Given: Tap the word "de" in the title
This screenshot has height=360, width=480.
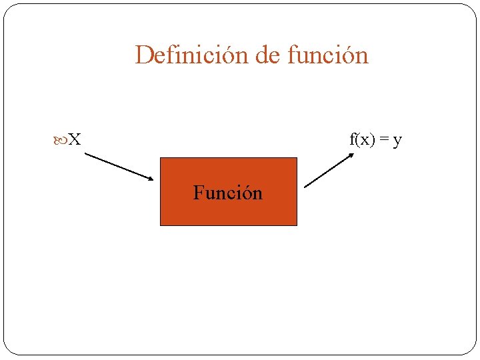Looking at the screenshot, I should pos(268,55).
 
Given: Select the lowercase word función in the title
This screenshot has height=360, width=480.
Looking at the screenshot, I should pos(327,55).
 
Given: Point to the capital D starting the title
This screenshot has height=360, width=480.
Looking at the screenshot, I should pos(142,55).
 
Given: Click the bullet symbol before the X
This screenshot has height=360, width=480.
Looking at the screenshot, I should pos(61,140).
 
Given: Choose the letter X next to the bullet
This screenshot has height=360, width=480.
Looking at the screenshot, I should pos(75,140).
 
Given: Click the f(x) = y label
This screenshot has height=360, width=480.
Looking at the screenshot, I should pos(375,140).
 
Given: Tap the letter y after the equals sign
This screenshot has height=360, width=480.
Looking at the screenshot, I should pos(397,141).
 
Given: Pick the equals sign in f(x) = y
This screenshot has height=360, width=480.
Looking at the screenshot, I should pos(385,140).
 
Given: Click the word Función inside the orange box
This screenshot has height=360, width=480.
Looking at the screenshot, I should pos(228,193).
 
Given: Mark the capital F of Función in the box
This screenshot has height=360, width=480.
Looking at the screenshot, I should pos(198,193).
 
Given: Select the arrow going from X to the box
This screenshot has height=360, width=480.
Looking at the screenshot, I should pos(119,167).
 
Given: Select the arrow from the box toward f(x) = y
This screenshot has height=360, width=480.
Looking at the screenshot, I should pos(329,171).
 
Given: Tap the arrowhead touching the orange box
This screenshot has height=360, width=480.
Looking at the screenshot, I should pos(151,178).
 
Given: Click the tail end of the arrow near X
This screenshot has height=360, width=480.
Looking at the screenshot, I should pos(86,155).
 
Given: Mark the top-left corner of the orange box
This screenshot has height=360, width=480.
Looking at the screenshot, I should pos(161,158).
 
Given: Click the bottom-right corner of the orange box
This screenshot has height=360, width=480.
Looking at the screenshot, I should pos(296,225).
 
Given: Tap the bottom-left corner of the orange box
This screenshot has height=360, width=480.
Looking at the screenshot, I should pos(161,225).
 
